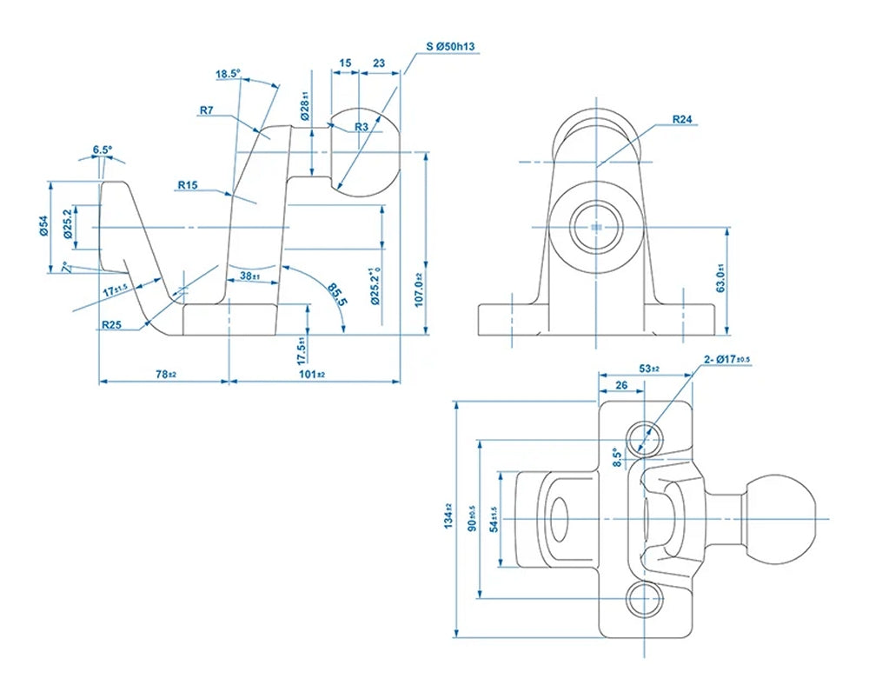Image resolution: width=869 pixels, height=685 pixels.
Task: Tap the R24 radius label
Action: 682,119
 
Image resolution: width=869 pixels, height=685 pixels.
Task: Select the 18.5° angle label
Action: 227,74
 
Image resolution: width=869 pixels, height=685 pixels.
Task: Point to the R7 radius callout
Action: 207,110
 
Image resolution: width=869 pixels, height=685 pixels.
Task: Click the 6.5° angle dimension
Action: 102,150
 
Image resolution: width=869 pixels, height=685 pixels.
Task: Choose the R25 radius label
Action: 110,325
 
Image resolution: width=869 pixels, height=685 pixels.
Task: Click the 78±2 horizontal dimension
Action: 166,374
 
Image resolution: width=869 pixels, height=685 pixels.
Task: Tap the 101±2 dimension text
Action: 312,374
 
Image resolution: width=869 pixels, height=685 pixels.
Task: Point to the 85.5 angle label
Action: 336,295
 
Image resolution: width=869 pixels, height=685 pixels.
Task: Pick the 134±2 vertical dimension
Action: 448,517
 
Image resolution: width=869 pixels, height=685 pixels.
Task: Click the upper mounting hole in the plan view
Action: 644,436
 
